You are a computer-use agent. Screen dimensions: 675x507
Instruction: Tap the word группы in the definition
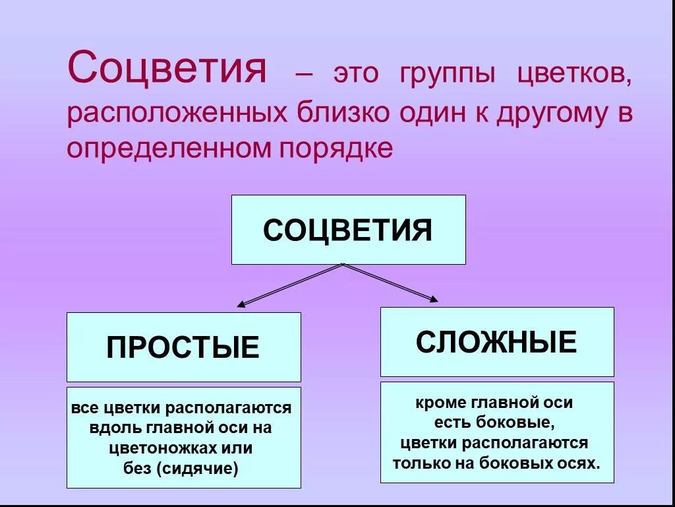point(446,75)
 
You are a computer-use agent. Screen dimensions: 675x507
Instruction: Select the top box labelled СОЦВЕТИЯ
point(348,230)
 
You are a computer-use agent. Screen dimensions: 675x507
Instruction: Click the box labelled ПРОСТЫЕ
point(183,347)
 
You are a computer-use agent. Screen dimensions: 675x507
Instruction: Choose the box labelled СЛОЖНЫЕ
point(496,342)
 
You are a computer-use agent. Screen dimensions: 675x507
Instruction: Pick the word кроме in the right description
point(441,402)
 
